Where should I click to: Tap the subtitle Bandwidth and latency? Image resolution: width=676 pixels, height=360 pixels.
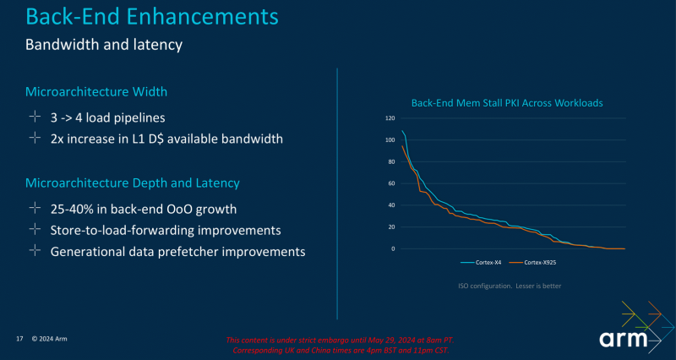pos(104,44)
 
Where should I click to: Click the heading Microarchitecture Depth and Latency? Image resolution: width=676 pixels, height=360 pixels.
pos(133,183)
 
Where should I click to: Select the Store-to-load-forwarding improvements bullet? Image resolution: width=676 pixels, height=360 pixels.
pos(166,230)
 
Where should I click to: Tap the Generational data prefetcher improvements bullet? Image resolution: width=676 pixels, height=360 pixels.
pos(177,251)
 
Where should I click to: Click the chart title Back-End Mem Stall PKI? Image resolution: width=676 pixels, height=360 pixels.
pos(506,103)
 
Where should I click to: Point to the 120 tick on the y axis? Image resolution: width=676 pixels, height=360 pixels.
pos(390,118)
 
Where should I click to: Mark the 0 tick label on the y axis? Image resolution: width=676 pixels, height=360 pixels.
pos(393,248)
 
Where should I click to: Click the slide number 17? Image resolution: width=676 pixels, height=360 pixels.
pos(19,339)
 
